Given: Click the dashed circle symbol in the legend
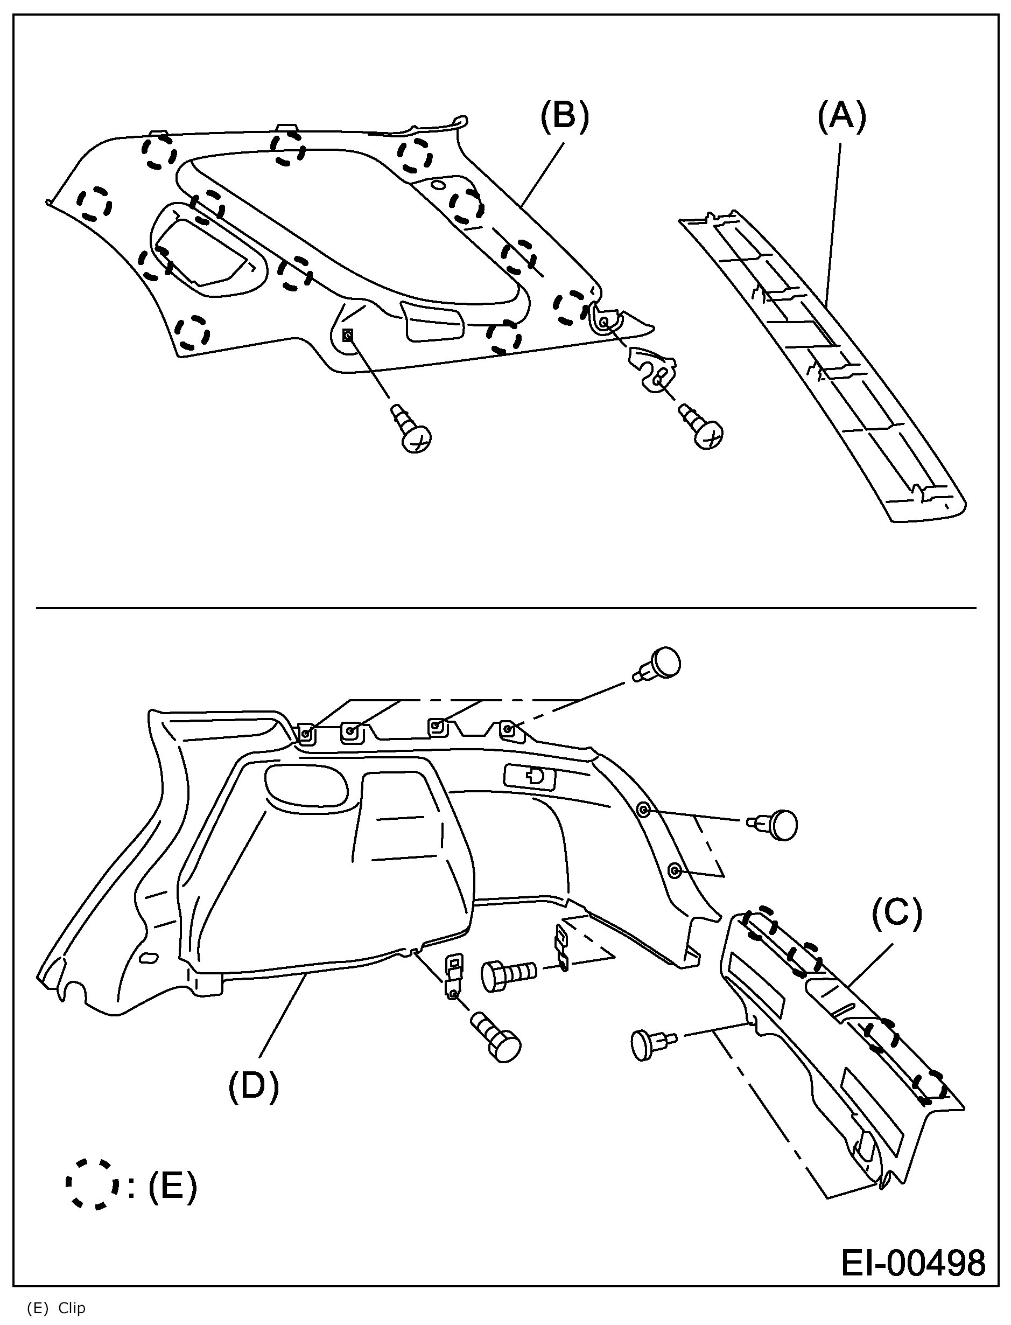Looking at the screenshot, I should click(92, 1184).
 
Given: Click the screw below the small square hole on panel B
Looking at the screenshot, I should click(413, 430).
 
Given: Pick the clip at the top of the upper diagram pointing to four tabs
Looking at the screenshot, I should click(658, 665).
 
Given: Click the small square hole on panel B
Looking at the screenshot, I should click(347, 336).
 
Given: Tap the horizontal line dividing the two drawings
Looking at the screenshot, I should click(506, 608).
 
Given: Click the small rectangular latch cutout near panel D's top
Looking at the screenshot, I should click(530, 776).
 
